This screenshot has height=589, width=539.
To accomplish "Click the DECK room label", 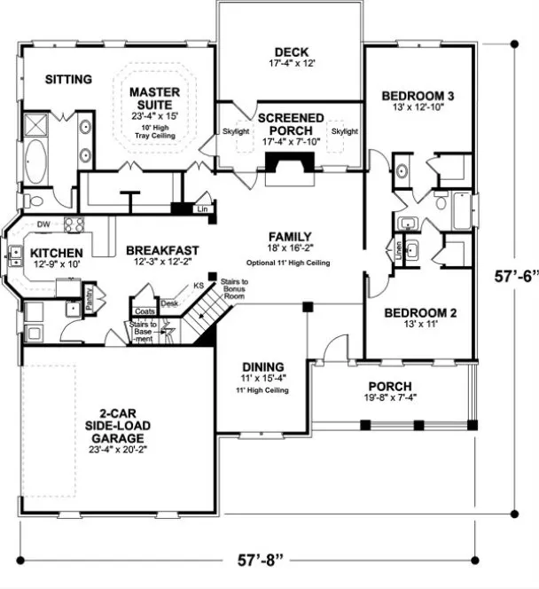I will coord(292,51).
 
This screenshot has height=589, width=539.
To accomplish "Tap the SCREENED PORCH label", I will coord(291,124).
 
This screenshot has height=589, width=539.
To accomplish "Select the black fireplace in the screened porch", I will coord(291,164).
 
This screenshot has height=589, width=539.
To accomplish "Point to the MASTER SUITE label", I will coord(155,99).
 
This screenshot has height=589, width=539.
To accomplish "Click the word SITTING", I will coord(68,80).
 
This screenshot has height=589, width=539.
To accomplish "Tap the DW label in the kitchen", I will coord(43,224).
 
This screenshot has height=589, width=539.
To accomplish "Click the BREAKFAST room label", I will coord(161,250).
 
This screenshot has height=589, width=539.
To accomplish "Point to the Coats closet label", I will coord(145,311).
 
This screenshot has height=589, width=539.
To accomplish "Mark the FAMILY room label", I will coord(290,237).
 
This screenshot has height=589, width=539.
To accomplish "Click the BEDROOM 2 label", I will coord(418,312).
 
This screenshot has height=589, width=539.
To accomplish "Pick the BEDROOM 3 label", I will coord(418,96).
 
